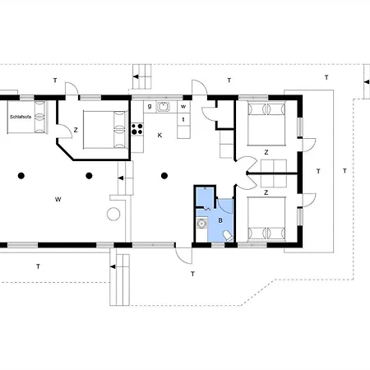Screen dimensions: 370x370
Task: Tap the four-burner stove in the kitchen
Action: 137,128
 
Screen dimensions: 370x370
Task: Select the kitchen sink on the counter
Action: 164,105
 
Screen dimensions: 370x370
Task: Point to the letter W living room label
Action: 58,199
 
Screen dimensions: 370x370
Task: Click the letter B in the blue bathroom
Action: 220,220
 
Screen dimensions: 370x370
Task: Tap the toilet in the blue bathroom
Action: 228,236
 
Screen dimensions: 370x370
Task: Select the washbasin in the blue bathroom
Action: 201,222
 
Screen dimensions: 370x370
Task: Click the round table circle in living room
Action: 113,215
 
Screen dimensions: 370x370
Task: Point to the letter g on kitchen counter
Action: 148,105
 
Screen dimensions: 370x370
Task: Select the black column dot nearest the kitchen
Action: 164,175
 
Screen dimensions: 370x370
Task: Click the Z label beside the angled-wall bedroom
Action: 76,130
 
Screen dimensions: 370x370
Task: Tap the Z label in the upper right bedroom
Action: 266,152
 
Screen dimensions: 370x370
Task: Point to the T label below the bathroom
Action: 192,273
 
